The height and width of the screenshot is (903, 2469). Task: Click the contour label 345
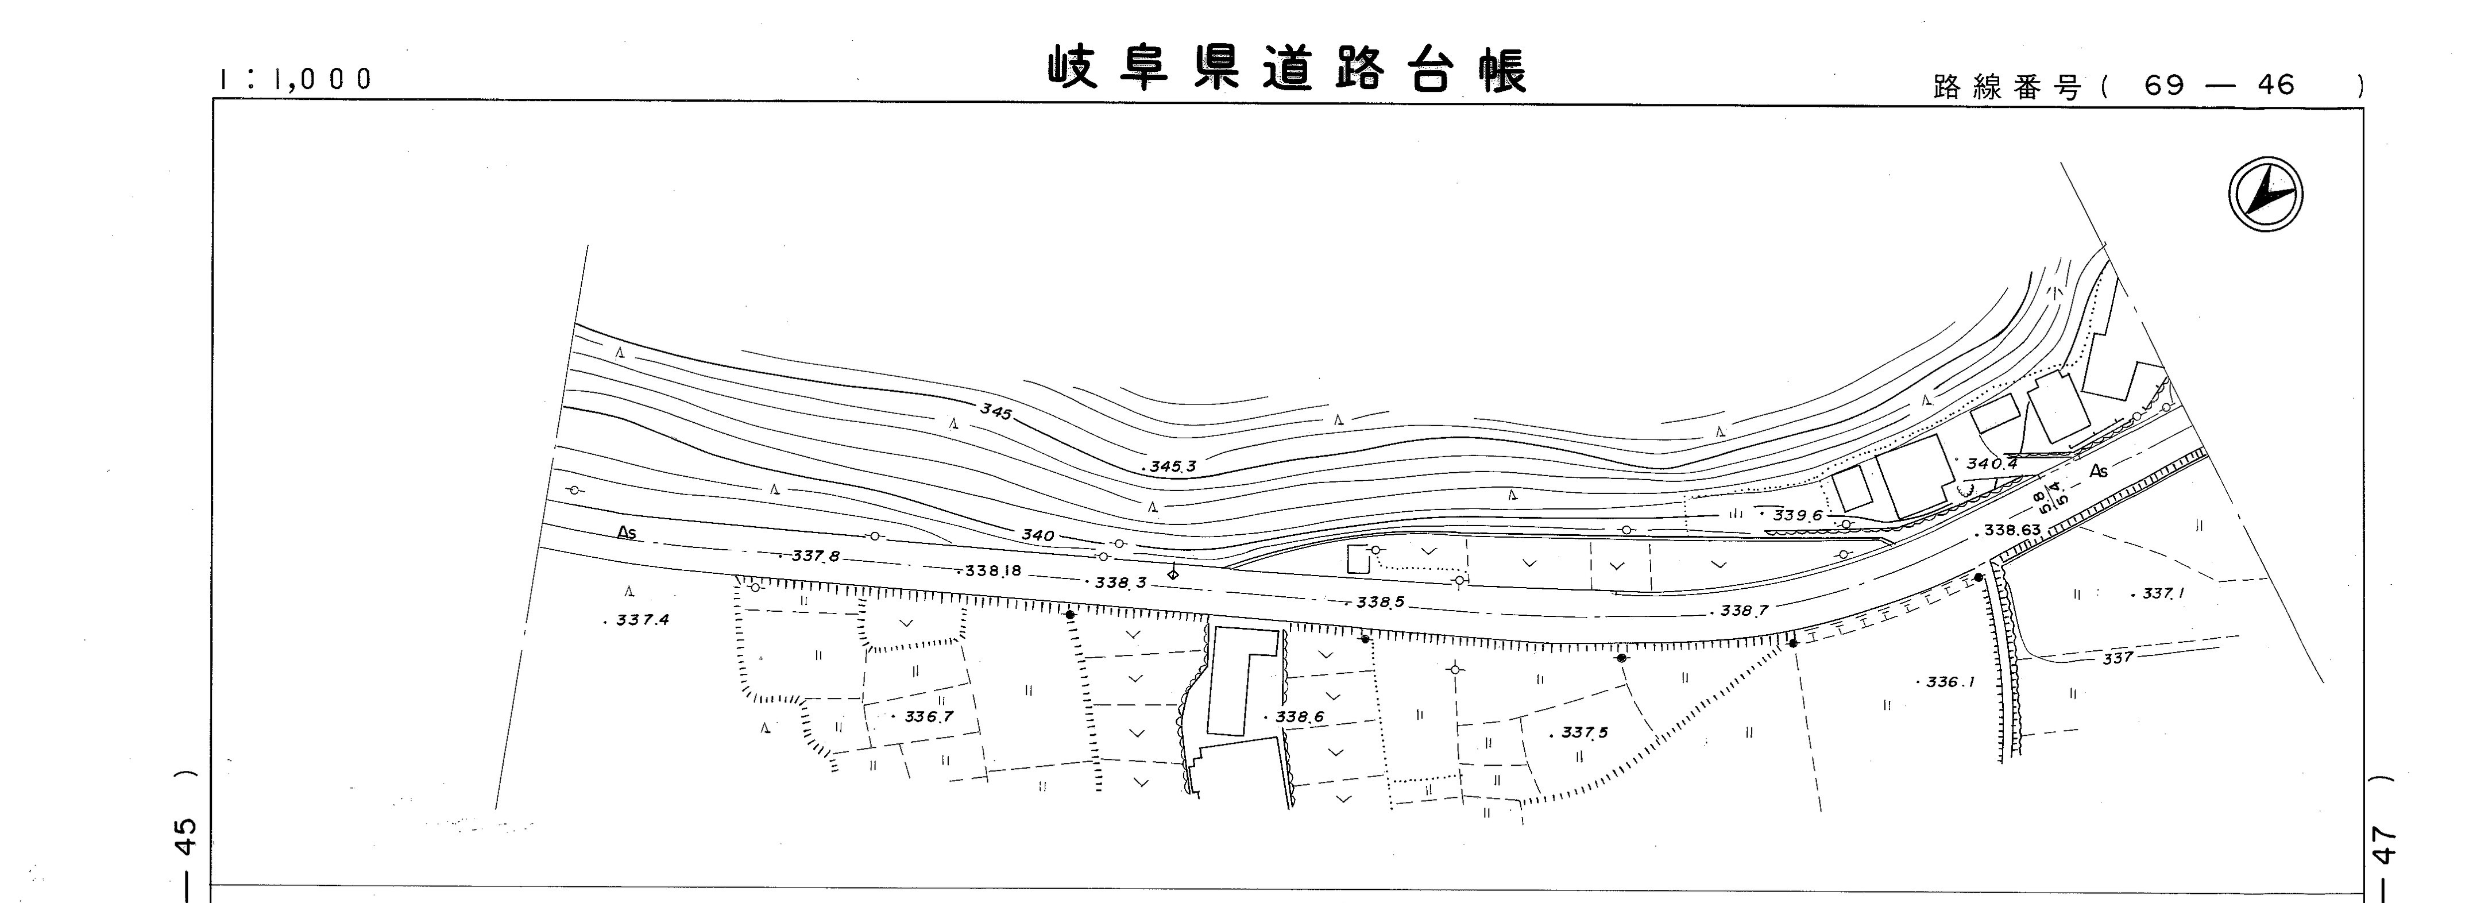(996, 412)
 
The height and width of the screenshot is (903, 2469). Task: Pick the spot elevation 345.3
(1172, 467)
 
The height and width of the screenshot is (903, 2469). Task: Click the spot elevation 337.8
(815, 556)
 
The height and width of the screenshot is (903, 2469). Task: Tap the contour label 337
(2118, 658)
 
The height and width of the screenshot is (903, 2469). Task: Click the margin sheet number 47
(2383, 844)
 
